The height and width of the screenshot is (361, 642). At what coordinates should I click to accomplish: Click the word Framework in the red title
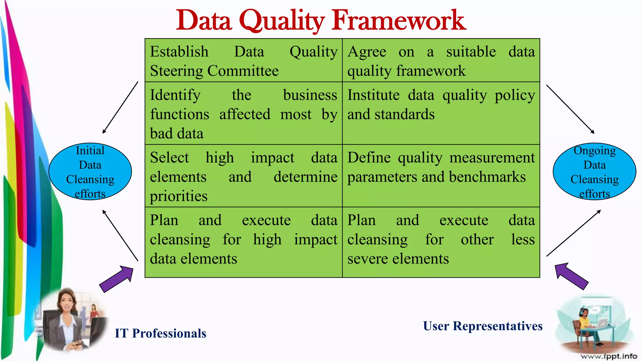click(x=399, y=21)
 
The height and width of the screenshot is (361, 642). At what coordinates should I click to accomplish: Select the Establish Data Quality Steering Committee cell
click(x=243, y=61)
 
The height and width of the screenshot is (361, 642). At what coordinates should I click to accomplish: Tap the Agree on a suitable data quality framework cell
click(x=441, y=61)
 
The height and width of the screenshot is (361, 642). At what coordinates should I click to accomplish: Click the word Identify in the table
click(x=175, y=95)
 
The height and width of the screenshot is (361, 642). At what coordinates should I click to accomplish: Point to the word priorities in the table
click(x=178, y=196)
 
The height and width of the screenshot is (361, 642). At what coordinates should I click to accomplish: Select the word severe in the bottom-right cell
click(x=368, y=259)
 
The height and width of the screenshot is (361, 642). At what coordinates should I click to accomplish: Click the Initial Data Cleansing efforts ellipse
click(x=90, y=171)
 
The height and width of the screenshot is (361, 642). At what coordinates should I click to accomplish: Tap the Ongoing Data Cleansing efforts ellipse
click(x=594, y=171)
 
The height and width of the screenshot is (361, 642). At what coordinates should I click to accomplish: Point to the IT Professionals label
click(x=160, y=333)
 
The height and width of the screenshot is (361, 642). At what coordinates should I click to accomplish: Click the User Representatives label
click(x=482, y=326)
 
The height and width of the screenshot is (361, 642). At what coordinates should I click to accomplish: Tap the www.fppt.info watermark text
click(x=608, y=356)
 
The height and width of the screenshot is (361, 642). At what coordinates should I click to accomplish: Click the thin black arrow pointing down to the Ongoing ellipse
click(x=570, y=109)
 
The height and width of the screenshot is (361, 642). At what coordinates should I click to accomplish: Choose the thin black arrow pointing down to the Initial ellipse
click(x=120, y=108)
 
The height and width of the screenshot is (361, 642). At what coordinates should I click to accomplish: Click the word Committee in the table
click(x=243, y=71)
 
